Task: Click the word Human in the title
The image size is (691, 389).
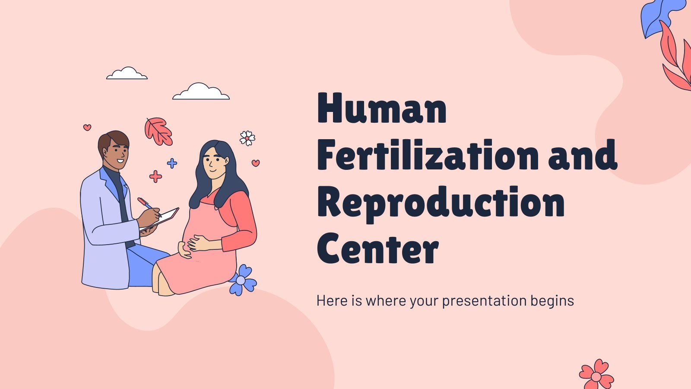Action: pos(382,108)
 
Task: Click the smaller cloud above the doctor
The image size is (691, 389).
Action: pos(127,73)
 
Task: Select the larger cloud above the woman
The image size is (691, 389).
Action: pos(201,91)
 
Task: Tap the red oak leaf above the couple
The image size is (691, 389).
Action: pos(158,131)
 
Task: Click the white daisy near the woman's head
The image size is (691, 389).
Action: pos(247,138)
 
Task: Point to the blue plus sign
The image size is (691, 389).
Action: pos(172,163)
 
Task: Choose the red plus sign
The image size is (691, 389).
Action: pos(155,177)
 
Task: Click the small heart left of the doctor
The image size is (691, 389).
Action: pos(87,127)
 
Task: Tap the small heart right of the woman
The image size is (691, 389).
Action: pos(256,163)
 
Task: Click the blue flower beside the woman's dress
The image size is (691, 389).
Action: pos(242,280)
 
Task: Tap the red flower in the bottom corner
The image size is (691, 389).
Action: pos(596,375)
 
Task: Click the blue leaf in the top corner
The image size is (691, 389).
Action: pos(655,19)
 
